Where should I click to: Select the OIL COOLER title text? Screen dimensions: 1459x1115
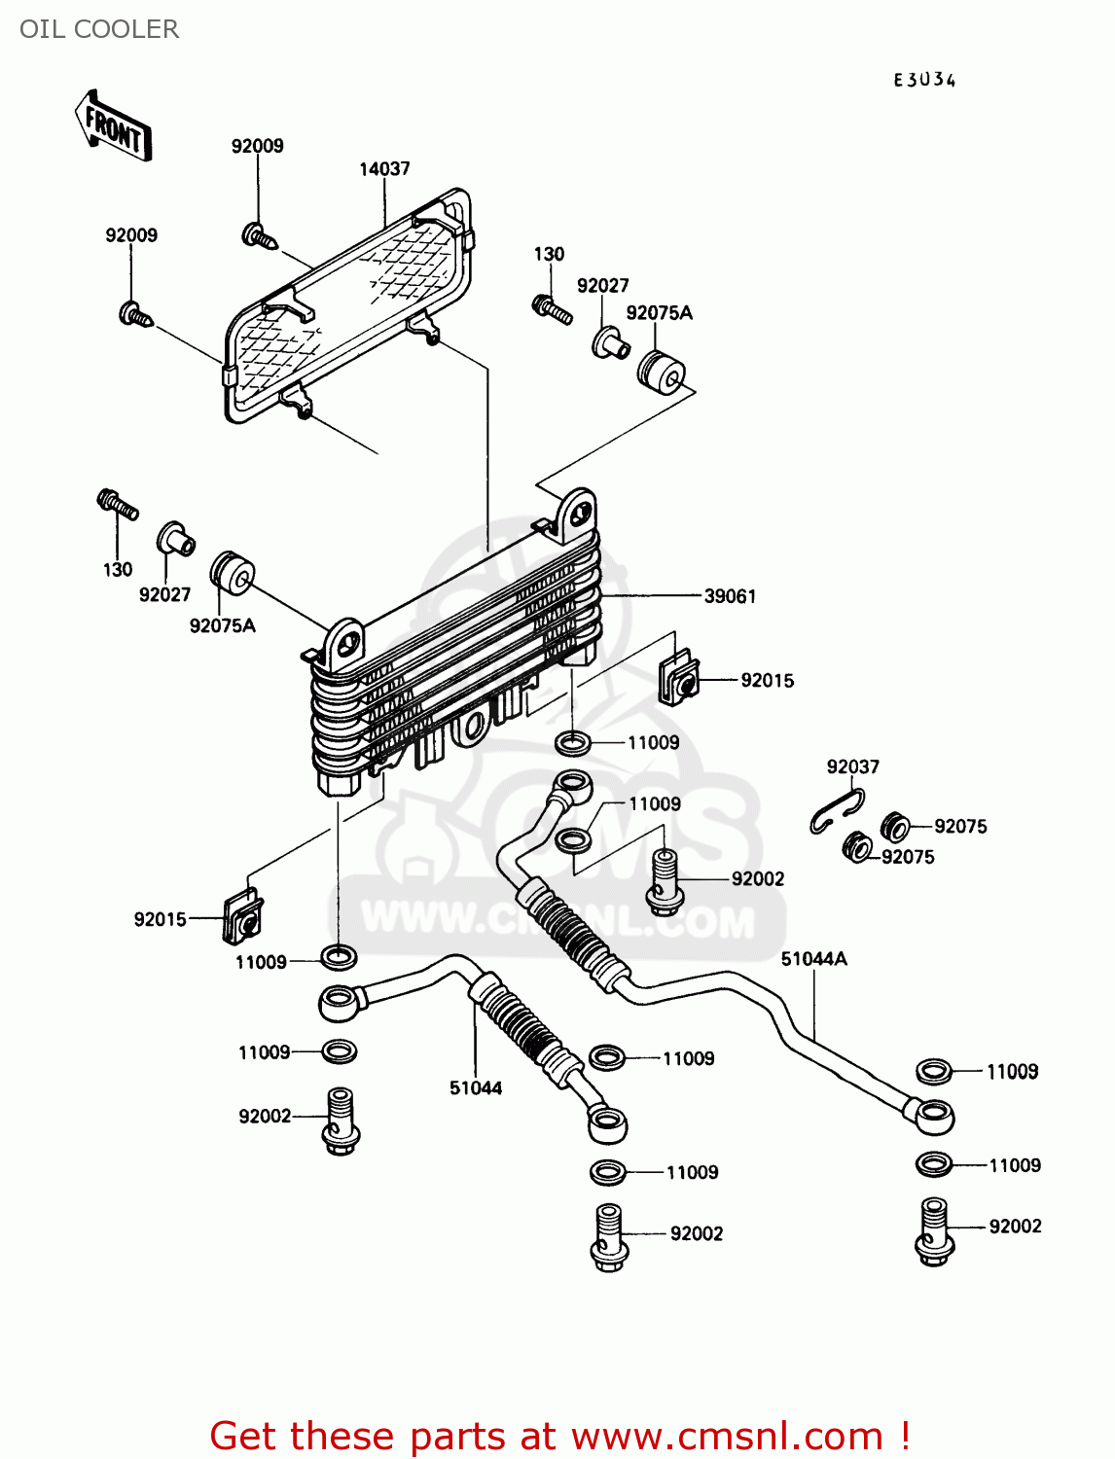(99, 29)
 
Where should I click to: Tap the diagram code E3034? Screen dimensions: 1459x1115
(924, 81)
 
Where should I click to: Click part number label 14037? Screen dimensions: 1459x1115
(384, 169)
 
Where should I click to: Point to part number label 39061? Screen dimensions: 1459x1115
(730, 596)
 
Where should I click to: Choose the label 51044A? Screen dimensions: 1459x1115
(813, 959)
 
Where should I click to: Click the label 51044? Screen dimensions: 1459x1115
(475, 1088)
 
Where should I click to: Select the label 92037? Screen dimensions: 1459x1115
(852, 766)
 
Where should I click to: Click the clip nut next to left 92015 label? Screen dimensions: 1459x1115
(242, 918)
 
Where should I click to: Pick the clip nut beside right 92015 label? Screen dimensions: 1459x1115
(678, 679)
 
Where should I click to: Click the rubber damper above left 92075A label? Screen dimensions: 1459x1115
(233, 574)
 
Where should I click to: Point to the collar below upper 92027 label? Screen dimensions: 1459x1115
(610, 343)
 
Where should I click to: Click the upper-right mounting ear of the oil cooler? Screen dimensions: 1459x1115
(577, 513)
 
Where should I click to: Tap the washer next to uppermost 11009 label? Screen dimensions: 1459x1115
(573, 744)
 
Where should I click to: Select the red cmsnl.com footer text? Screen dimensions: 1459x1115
(559, 1436)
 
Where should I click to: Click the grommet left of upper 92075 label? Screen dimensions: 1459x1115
(894, 826)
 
